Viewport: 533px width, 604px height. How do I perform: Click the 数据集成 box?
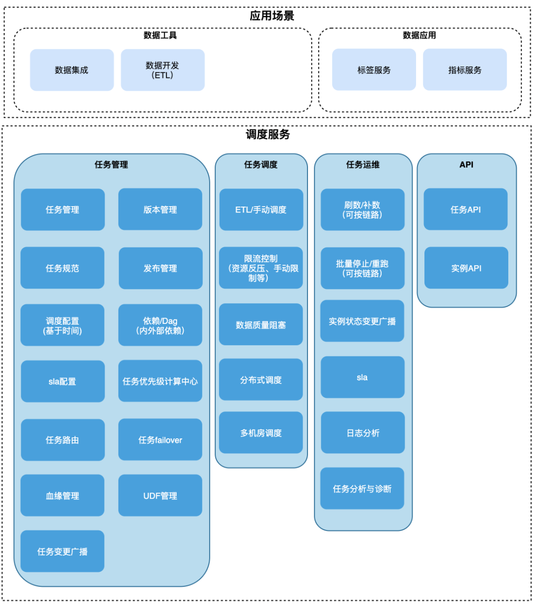click(72, 70)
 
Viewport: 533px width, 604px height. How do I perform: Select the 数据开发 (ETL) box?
click(162, 70)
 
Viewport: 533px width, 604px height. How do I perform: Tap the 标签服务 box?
click(374, 70)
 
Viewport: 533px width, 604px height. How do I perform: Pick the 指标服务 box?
click(464, 70)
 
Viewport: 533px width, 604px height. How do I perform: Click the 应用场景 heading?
click(271, 16)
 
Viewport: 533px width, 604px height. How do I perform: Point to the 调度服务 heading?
click(267, 135)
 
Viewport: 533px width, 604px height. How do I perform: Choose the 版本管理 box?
click(160, 210)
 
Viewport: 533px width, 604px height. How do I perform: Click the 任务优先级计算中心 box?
click(160, 381)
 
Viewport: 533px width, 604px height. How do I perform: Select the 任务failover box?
click(160, 440)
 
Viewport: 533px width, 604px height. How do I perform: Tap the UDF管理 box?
click(160, 496)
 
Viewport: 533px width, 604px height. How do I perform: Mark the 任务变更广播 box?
click(62, 551)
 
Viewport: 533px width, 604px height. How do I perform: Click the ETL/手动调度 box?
click(261, 210)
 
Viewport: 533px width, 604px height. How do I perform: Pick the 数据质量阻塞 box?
click(261, 325)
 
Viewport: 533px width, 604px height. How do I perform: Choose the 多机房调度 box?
click(261, 433)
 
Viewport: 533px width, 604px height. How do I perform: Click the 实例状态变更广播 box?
click(362, 321)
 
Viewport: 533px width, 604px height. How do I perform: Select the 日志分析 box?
click(363, 433)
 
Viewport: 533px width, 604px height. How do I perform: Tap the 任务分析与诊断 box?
click(362, 489)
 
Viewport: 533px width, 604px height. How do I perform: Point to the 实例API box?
click(466, 268)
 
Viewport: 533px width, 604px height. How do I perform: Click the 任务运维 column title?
click(363, 165)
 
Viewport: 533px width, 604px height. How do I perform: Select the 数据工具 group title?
click(160, 36)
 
